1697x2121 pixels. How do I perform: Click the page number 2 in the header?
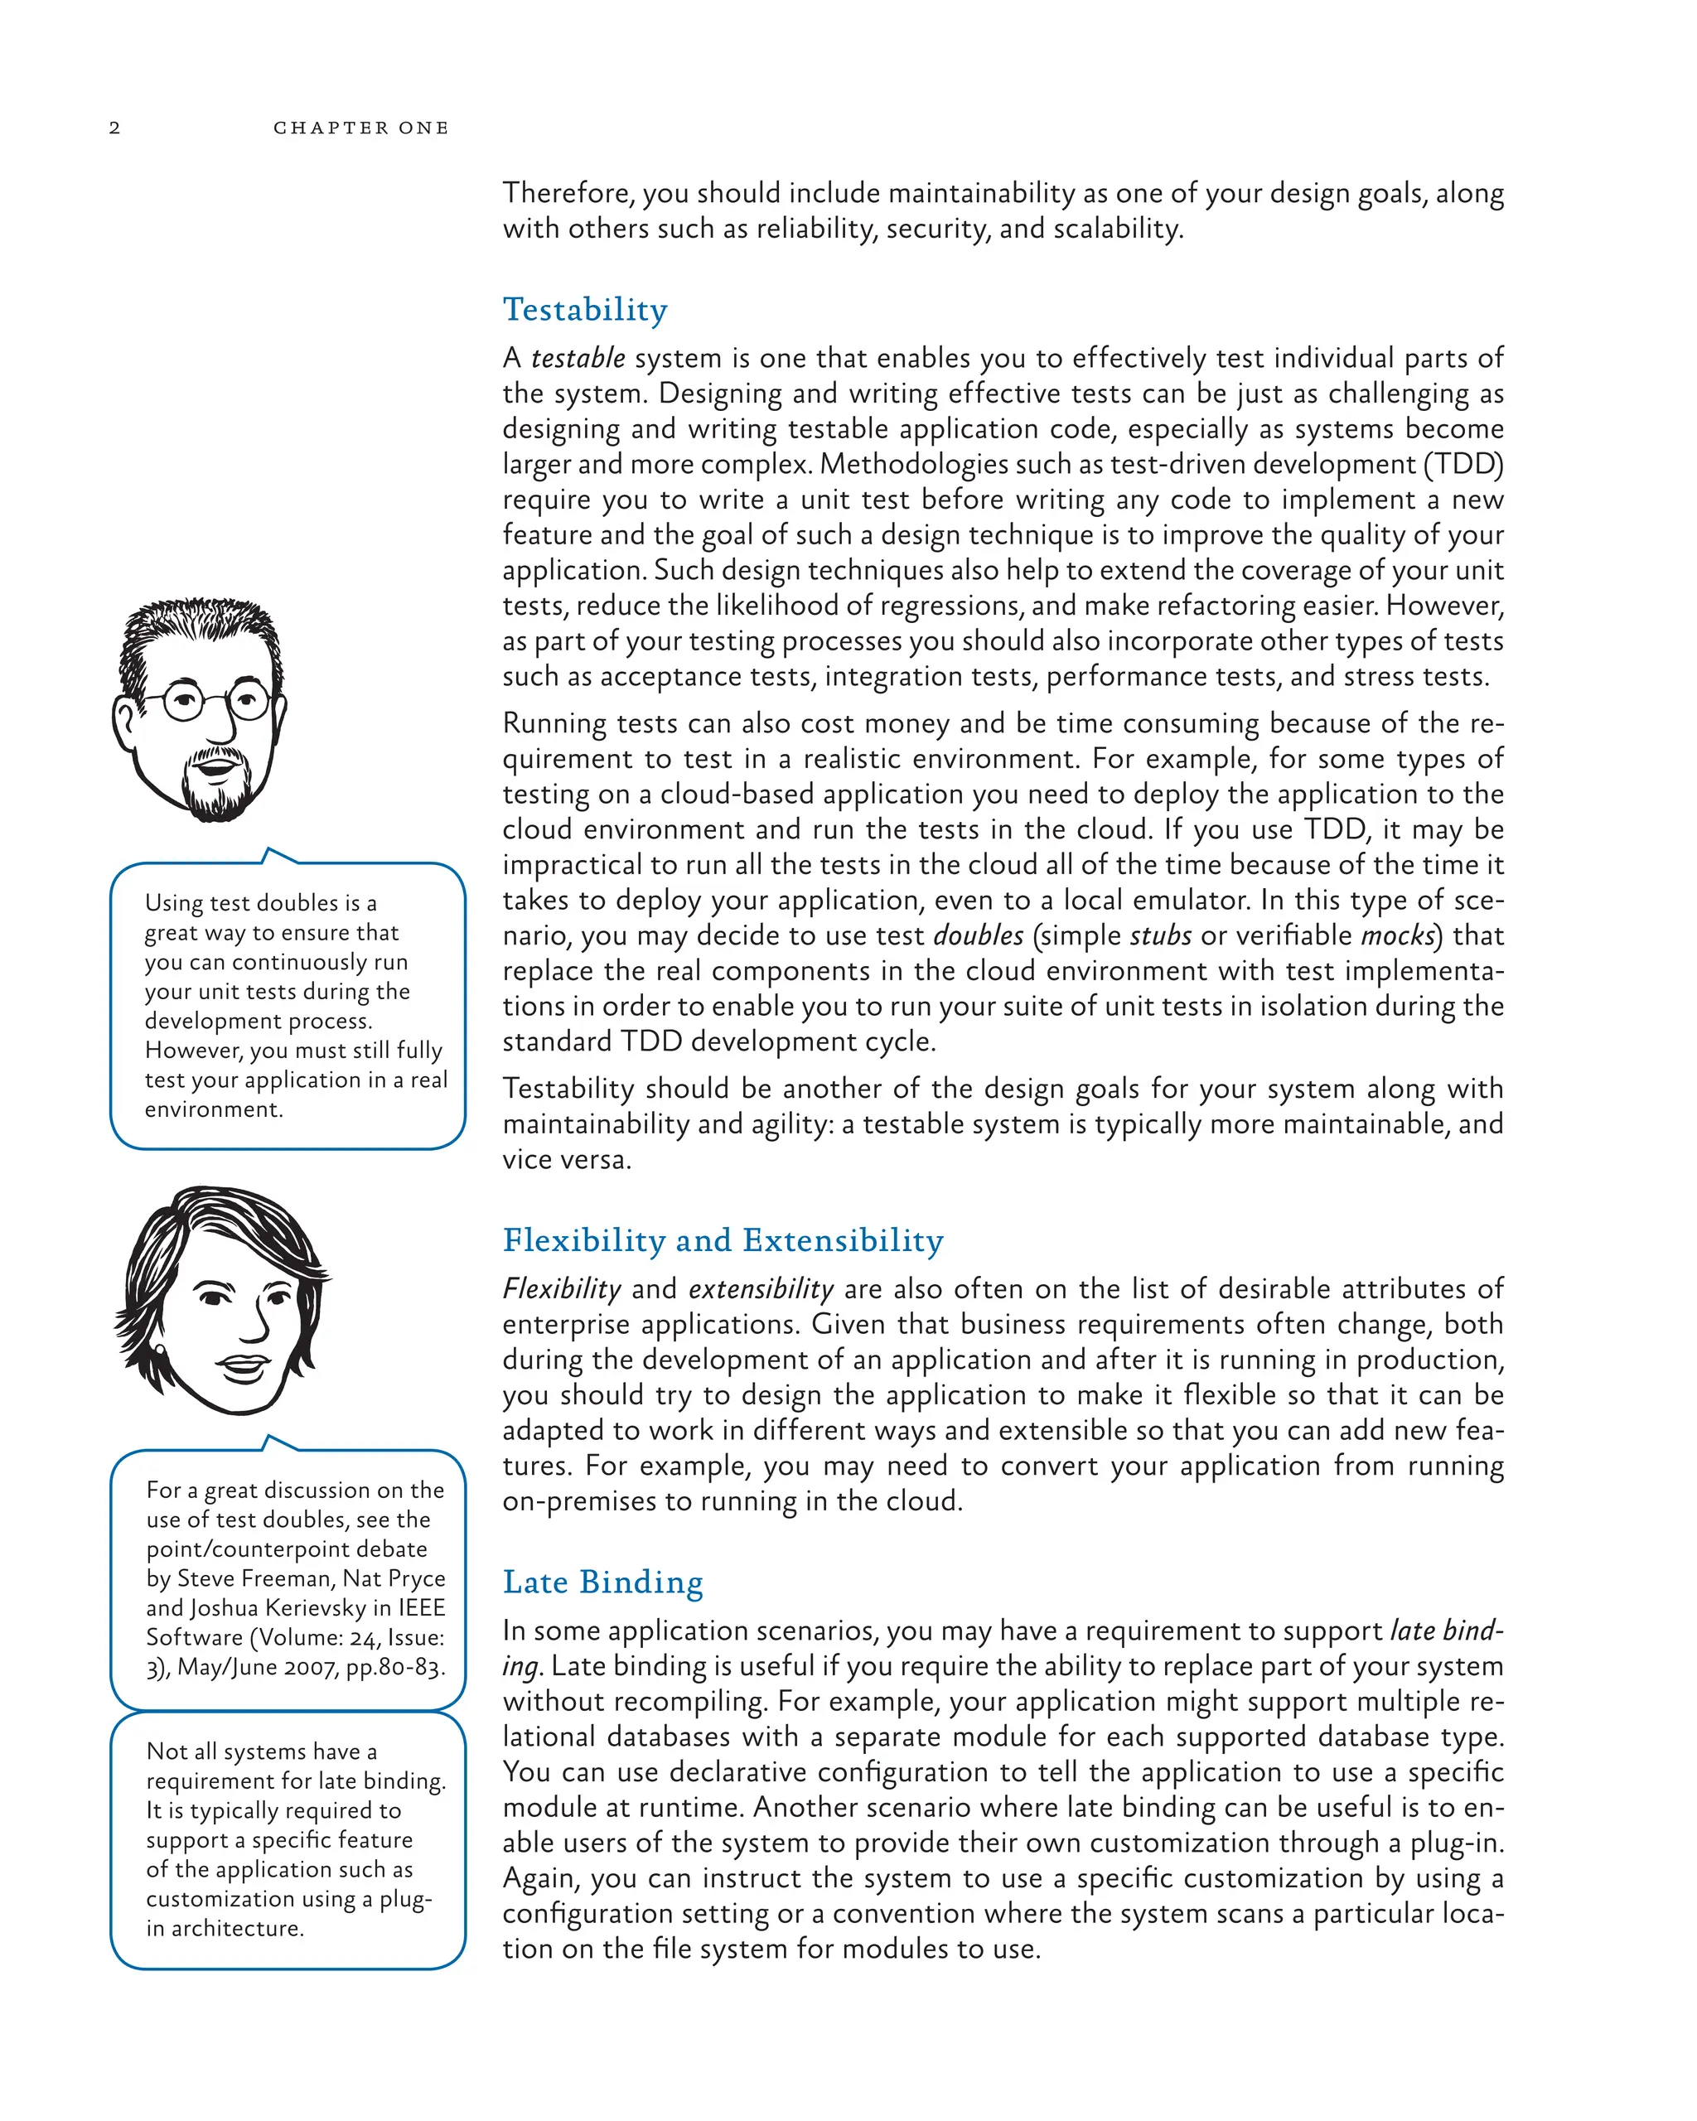pyautogui.click(x=114, y=128)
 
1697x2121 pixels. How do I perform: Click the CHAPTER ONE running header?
pyautogui.click(x=360, y=128)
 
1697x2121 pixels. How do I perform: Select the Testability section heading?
pyautogui.click(x=584, y=310)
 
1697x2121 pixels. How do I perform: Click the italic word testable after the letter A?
pyautogui.click(x=578, y=358)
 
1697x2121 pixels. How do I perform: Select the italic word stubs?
pyautogui.click(x=1160, y=935)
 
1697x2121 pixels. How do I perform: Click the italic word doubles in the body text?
pyautogui.click(x=978, y=935)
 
